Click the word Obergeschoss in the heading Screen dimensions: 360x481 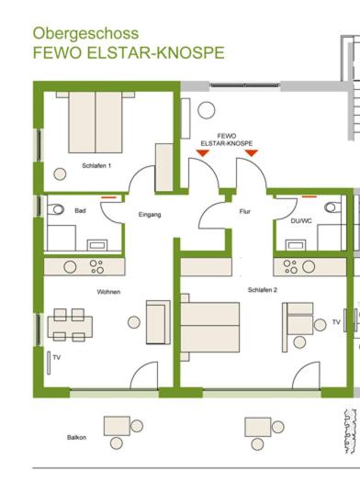pyautogui.click(x=85, y=34)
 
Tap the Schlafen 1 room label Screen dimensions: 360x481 pyautogui.click(x=96, y=165)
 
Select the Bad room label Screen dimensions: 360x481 pyautogui.click(x=80, y=211)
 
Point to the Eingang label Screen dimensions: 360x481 pyautogui.click(x=150, y=215)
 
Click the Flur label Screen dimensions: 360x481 pyautogui.click(x=245, y=211)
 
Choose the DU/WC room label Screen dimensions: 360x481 pyautogui.click(x=301, y=220)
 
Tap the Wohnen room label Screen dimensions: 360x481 pyautogui.click(x=108, y=292)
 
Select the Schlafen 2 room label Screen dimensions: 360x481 pyautogui.click(x=263, y=289)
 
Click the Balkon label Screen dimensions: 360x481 pyautogui.click(x=76, y=438)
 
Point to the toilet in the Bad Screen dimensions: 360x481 pyautogui.click(x=56, y=209)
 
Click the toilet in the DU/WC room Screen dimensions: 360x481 pyautogui.click(x=332, y=207)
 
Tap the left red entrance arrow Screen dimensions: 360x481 pyautogui.click(x=203, y=152)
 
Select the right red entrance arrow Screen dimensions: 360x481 pyautogui.click(x=252, y=152)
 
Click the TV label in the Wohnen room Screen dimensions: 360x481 pyautogui.click(x=56, y=357)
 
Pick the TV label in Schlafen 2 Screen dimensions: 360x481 pyautogui.click(x=336, y=322)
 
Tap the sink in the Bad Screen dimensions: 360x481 pyautogui.click(x=97, y=245)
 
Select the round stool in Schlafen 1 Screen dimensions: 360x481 pyautogui.click(x=60, y=174)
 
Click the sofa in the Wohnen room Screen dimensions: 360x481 pyautogui.click(x=158, y=322)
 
